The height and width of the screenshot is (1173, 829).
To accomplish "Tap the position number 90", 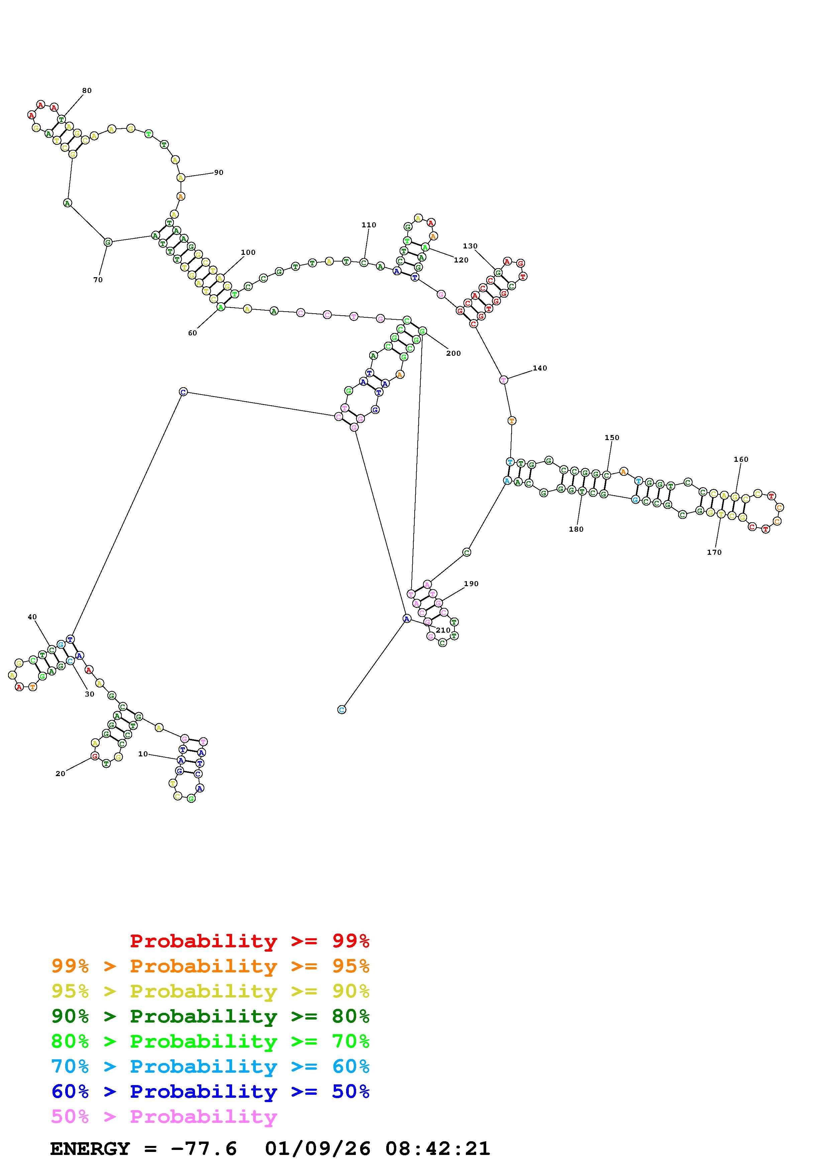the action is coord(219,173).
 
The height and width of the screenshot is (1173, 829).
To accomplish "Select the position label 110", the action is coord(369,225).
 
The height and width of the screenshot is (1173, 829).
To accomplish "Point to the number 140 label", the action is coord(540,368).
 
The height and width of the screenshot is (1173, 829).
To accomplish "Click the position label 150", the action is coord(612,437).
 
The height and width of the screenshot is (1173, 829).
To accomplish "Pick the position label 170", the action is coord(714,552).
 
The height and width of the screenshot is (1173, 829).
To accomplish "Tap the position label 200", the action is coord(453,353).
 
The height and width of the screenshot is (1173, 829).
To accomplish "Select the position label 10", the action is coord(143,754).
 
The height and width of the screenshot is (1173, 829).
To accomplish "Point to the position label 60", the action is coord(192,333).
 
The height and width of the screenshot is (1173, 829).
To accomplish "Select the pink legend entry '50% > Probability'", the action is coord(165,1117).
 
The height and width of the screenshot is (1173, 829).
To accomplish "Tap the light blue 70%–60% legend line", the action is coord(210,1067).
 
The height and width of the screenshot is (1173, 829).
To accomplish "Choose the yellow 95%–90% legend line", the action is coord(210,991).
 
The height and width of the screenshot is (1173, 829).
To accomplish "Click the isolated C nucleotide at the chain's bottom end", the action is coord(342,710).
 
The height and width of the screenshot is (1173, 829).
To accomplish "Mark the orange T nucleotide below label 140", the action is coord(512,421).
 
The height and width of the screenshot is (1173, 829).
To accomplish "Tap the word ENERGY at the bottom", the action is coord(90,1149).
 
